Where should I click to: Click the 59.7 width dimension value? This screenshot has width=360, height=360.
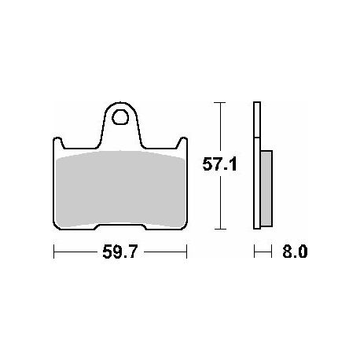click(x=119, y=252)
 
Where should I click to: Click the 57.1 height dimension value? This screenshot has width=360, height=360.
click(x=219, y=165)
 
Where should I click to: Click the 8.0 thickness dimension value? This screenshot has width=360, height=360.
click(x=295, y=252)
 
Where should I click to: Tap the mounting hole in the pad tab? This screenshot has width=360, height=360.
click(x=120, y=117)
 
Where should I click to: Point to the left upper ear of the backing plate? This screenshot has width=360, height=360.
click(x=58, y=143)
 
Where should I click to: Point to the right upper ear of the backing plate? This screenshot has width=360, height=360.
click(x=182, y=143)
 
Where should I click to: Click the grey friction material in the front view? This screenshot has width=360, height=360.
click(x=120, y=189)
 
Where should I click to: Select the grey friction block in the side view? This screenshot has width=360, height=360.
click(x=266, y=189)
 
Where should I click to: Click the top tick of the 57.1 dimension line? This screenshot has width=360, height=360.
click(x=219, y=103)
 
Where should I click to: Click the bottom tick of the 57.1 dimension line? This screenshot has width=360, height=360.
click(x=219, y=229)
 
